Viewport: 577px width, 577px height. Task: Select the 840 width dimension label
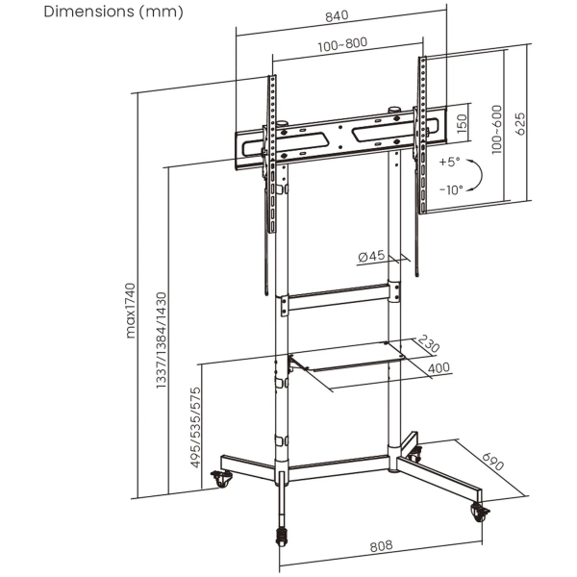click(x=338, y=17)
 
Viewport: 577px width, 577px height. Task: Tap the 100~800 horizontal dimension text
click(x=340, y=43)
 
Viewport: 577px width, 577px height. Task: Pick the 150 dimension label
click(x=462, y=123)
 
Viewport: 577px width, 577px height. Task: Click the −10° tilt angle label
click(x=450, y=189)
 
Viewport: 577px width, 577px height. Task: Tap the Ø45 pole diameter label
click(x=371, y=256)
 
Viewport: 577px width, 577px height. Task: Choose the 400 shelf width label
click(x=439, y=367)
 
